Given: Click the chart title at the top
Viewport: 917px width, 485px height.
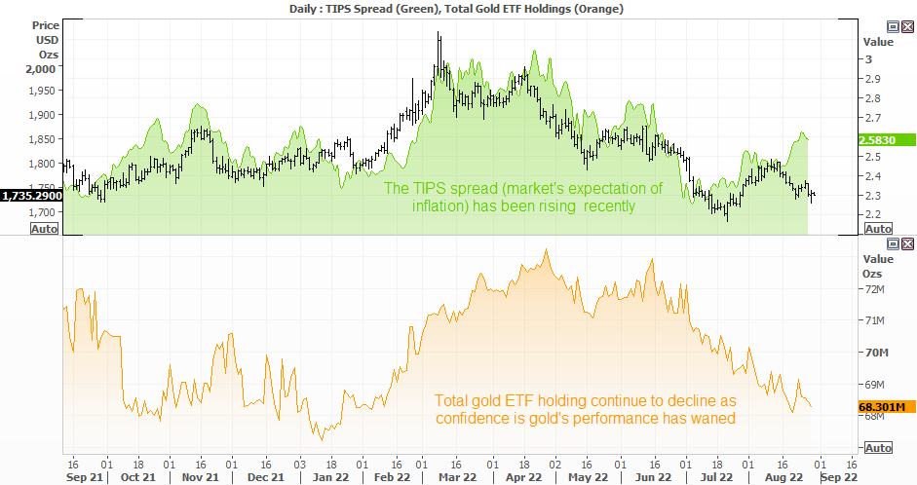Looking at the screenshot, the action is point(456,9).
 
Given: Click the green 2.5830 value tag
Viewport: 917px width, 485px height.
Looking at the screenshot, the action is point(887,140).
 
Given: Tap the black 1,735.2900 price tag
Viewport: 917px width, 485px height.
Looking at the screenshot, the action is point(31,196).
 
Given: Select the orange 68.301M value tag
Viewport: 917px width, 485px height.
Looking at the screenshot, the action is point(887,407).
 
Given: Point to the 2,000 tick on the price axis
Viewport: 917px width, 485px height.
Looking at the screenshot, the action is point(40,69).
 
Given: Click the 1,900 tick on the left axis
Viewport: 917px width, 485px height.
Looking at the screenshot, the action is point(42,115).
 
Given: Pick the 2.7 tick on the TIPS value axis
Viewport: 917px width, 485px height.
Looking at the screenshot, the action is point(873,118).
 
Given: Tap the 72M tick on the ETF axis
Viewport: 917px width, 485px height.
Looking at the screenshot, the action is point(875,289).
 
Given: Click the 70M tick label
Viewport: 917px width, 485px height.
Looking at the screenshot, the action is point(877,353).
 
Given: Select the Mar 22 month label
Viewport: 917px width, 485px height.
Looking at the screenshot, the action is point(458,477).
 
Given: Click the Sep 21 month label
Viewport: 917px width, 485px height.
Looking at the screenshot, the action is point(84,477).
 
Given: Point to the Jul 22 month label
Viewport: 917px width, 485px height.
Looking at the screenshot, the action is point(716,477).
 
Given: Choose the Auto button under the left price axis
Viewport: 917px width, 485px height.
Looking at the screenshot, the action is point(45,229).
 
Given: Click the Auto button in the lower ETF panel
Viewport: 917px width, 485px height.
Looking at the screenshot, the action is point(878,448).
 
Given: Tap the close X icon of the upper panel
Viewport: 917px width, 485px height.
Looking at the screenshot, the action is point(907,26).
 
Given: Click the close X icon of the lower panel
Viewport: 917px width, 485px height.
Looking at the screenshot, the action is point(907,243).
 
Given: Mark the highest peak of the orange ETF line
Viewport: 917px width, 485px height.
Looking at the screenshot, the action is point(547,250).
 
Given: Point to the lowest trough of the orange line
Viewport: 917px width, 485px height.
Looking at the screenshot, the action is point(322,440).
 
